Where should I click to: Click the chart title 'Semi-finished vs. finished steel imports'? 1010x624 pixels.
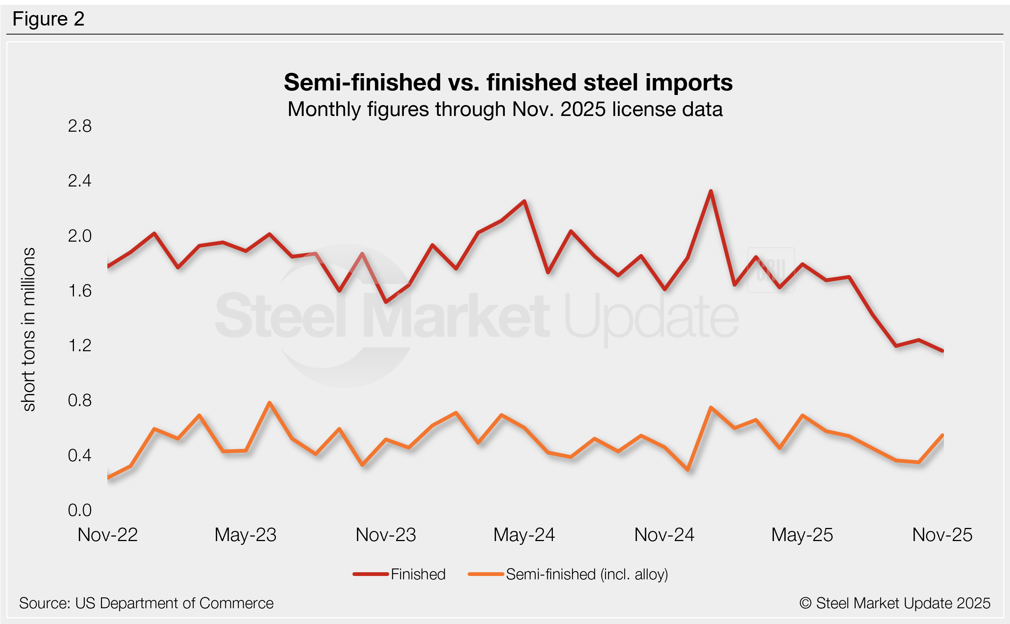pyautogui.click(x=508, y=82)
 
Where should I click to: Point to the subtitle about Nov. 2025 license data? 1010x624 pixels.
pyautogui.click(x=505, y=109)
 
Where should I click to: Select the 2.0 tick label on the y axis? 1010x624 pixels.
pyautogui.click(x=80, y=236)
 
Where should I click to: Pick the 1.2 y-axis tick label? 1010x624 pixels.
pyautogui.click(x=80, y=346)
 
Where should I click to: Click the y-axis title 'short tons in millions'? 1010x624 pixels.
pyautogui.click(x=29, y=329)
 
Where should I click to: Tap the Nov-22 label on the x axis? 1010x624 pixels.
pyautogui.click(x=107, y=535)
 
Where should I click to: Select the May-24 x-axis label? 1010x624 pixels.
pyautogui.click(x=524, y=535)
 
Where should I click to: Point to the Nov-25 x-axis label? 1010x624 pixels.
pyautogui.click(x=942, y=535)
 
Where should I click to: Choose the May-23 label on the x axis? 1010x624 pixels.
pyautogui.click(x=245, y=535)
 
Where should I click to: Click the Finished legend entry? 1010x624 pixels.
pyautogui.click(x=418, y=574)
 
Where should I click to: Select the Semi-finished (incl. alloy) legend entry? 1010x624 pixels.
pyautogui.click(x=587, y=574)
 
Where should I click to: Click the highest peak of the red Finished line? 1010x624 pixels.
pyautogui.click(x=711, y=191)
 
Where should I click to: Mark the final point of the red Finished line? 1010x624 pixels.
pyautogui.click(x=943, y=351)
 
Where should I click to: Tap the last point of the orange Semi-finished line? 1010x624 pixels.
pyautogui.click(x=943, y=435)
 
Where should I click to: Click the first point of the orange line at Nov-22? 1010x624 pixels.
pyautogui.click(x=108, y=478)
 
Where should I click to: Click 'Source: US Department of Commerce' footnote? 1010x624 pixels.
pyautogui.click(x=146, y=603)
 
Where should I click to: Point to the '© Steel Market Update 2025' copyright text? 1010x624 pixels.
pyautogui.click(x=895, y=603)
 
